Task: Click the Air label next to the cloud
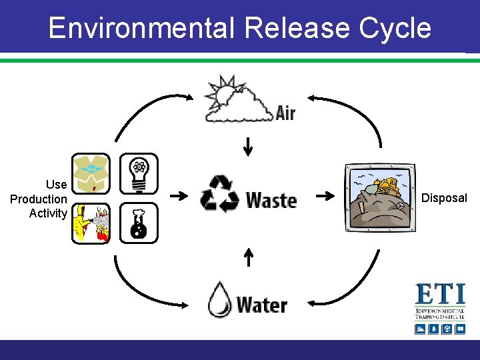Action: click(285, 111)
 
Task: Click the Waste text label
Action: click(271, 199)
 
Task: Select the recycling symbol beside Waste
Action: click(219, 195)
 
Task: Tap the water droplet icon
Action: click(219, 299)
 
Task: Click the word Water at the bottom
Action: click(261, 305)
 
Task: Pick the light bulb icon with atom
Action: click(139, 173)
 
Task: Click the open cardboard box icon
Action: click(90, 173)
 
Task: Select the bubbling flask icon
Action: click(139, 223)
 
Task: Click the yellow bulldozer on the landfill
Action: click(387, 185)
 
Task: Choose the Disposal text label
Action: click(444, 198)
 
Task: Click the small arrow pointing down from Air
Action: click(248, 146)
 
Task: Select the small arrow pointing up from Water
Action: click(248, 257)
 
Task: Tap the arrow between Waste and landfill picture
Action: click(325, 196)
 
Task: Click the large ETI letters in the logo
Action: click(440, 295)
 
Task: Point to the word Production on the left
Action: click(39, 199)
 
